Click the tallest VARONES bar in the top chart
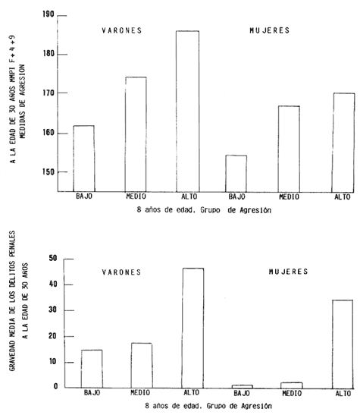point(188,112)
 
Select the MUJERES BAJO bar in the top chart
point(236,174)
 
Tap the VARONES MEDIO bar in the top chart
point(136,134)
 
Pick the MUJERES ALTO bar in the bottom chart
point(343,344)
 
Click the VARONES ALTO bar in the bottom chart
point(193,329)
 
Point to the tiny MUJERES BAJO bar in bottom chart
point(243,387)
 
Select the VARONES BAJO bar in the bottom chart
point(92,369)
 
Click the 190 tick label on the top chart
point(49,14)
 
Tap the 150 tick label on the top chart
point(49,172)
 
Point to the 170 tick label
point(49,93)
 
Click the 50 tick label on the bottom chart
point(53,258)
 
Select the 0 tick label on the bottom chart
point(55,386)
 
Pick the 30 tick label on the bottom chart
point(53,310)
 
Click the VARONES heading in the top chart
point(122,30)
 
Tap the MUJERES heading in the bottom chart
point(288,272)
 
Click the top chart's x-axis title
point(204,210)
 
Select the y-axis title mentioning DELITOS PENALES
point(12,300)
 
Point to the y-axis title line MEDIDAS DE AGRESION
point(22,102)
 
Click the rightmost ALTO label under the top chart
point(343,197)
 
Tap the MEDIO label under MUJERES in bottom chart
point(292,394)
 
